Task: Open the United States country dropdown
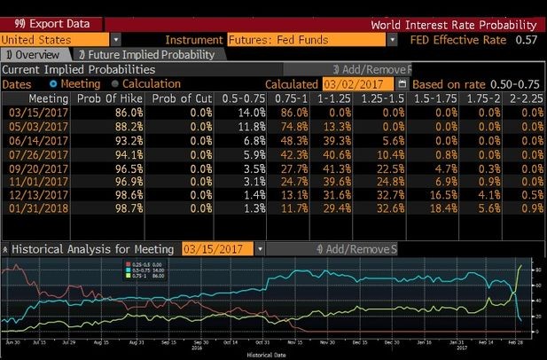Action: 116,40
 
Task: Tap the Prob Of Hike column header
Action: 109,98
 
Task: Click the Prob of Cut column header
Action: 180,98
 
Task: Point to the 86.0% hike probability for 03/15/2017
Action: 127,113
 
